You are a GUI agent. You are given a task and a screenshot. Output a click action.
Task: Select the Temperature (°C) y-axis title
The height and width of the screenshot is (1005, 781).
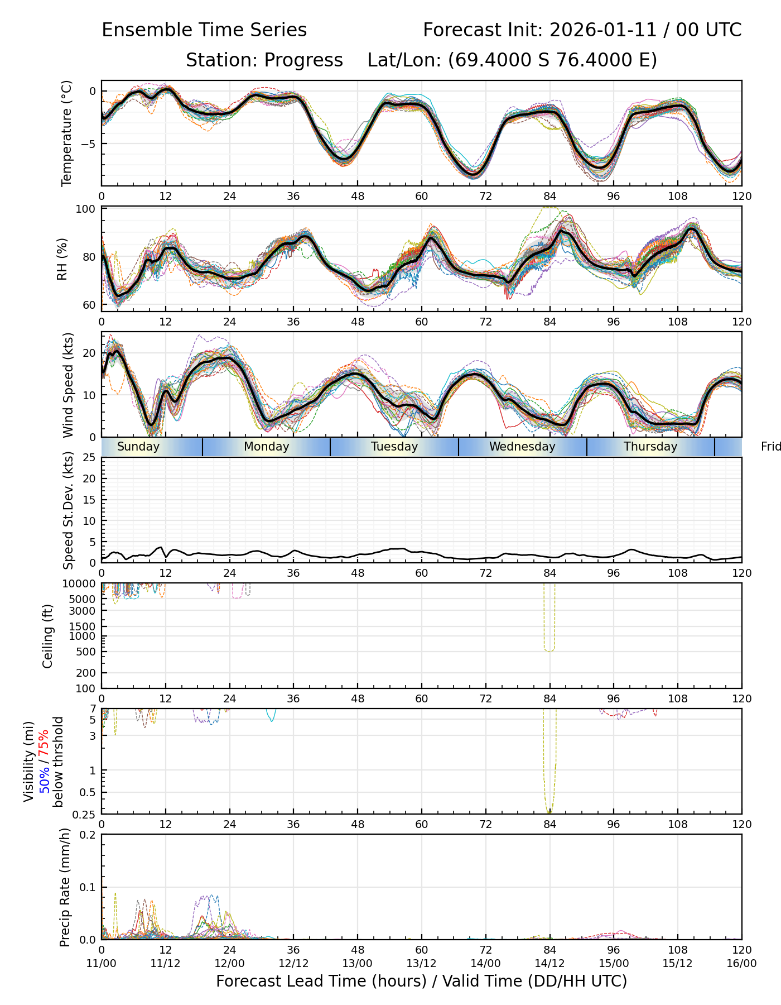pyautogui.click(x=67, y=133)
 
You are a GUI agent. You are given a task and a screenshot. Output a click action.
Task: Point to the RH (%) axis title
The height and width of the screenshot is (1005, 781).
pyautogui.click(x=62, y=259)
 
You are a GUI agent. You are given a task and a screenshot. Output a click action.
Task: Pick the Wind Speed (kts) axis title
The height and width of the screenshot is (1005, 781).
pyautogui.click(x=68, y=385)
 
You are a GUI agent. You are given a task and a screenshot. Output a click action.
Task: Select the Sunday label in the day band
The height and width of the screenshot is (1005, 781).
pyautogui.click(x=138, y=447)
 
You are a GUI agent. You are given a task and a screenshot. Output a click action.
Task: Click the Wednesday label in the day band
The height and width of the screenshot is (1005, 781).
pyautogui.click(x=522, y=447)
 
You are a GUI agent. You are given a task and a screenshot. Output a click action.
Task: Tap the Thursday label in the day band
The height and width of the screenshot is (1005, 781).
pyautogui.click(x=650, y=447)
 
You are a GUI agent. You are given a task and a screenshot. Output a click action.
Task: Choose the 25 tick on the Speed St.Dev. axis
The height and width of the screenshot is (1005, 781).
pyautogui.click(x=89, y=458)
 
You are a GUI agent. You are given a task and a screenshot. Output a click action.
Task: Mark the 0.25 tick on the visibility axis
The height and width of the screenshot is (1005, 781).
pyautogui.click(x=85, y=813)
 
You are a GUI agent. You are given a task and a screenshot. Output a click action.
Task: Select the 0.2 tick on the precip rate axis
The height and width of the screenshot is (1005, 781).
pyautogui.click(x=88, y=835)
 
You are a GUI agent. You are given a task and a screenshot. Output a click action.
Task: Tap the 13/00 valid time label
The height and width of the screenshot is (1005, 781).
pyautogui.click(x=358, y=963)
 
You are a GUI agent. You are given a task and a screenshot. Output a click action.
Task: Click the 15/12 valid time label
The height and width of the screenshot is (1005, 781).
pyautogui.click(x=678, y=963)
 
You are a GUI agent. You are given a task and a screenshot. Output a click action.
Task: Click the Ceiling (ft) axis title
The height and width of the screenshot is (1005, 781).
pyautogui.click(x=48, y=636)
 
